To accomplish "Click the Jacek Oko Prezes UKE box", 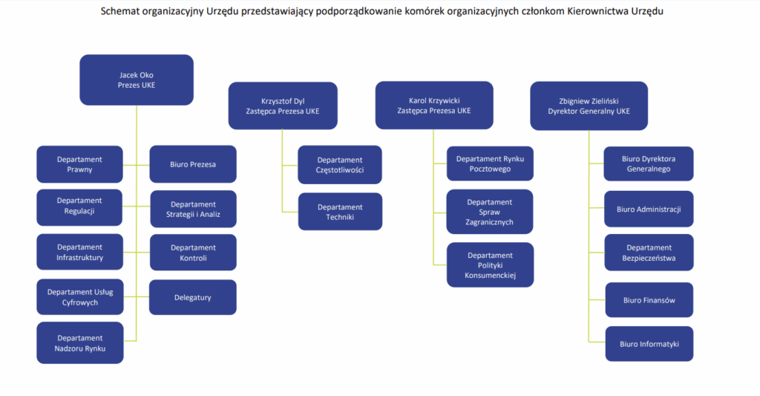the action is [137, 79].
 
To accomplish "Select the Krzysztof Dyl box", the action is [283, 106].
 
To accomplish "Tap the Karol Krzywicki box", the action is [434, 106].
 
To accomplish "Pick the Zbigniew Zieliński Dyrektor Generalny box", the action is [589, 106].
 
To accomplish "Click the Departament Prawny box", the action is [79, 164].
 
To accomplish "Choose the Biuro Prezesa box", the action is [193, 164].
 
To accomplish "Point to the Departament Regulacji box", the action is [79, 207].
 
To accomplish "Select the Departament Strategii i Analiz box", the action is [194, 210].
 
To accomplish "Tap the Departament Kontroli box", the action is [194, 253].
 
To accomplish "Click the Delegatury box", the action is [193, 297].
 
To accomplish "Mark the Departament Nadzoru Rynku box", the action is [80, 343].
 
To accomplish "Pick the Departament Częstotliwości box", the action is [340, 164].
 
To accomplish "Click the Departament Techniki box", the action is [340, 212].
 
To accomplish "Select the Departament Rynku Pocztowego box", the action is [490, 163].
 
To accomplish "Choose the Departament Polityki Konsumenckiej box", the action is [490, 265].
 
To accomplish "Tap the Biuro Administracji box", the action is [649, 210].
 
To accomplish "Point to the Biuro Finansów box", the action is [649, 300].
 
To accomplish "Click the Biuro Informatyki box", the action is [649, 344].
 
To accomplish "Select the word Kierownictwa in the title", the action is [598, 10].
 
